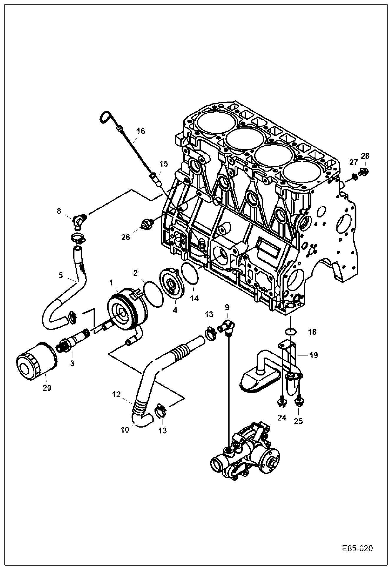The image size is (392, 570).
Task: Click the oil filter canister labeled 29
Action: (x=35, y=363)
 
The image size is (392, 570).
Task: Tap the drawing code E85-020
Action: (x=357, y=549)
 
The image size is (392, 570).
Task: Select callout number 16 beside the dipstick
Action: (x=141, y=131)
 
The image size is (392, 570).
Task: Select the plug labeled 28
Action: (x=364, y=171)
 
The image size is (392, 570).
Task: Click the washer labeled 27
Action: (x=355, y=177)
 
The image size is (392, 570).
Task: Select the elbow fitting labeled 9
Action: (x=227, y=327)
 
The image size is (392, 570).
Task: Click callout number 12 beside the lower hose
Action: (x=116, y=395)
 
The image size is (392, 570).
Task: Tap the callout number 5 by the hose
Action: (x=61, y=275)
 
